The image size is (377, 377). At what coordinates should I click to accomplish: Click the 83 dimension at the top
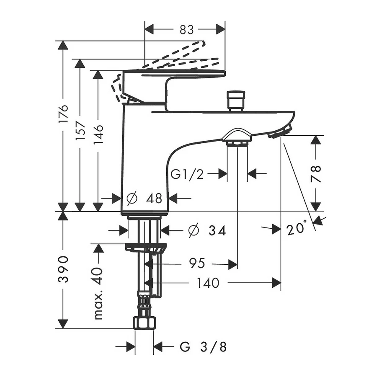[186, 30]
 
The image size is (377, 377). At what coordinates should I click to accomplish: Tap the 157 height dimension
[80, 131]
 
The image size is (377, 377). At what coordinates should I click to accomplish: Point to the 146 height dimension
[98, 134]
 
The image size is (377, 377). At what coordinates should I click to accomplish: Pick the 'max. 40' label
[98, 294]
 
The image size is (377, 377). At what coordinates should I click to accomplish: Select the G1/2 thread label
[187, 174]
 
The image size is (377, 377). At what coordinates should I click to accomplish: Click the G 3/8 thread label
[203, 347]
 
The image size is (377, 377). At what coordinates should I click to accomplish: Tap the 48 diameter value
[154, 199]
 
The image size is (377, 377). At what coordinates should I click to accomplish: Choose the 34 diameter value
[217, 230]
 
